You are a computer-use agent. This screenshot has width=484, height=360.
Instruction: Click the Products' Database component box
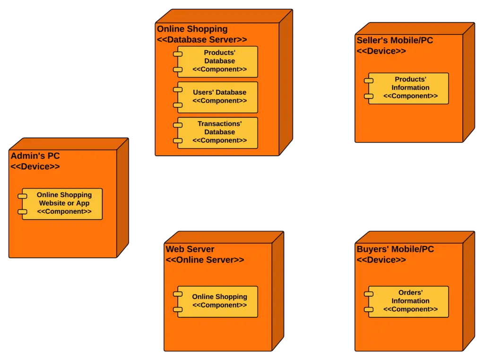[x=218, y=61]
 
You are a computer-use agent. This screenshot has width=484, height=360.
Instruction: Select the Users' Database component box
[x=218, y=97]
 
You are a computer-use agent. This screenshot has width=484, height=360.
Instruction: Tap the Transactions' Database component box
[x=218, y=132]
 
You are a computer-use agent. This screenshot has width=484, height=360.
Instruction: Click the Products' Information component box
[x=409, y=88]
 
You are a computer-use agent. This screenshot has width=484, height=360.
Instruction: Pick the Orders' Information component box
[x=409, y=301]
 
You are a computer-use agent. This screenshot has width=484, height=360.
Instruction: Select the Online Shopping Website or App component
[x=62, y=203]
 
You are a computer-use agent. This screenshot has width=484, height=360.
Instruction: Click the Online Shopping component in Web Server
[x=218, y=301]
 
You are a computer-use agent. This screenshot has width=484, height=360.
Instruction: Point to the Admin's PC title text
[x=35, y=156]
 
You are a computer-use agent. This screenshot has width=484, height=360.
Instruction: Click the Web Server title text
[x=190, y=249]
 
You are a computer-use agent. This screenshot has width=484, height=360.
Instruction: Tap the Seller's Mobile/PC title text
[x=395, y=40]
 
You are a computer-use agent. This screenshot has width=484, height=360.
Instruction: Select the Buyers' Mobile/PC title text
[x=395, y=249]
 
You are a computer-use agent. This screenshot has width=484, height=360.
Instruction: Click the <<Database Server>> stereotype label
[x=202, y=40]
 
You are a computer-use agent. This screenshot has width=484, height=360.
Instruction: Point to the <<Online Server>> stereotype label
[x=205, y=260]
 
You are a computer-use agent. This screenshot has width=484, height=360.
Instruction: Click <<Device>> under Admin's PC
[x=35, y=167]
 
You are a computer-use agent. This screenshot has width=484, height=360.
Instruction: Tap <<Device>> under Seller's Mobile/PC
[x=381, y=51]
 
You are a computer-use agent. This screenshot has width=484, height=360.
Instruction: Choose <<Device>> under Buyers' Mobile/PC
[x=381, y=260]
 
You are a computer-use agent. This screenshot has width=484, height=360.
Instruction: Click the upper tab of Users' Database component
[x=178, y=89]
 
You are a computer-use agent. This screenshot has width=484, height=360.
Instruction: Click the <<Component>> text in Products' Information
[x=410, y=96]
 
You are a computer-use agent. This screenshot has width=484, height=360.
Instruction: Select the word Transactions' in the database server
[x=219, y=124]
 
